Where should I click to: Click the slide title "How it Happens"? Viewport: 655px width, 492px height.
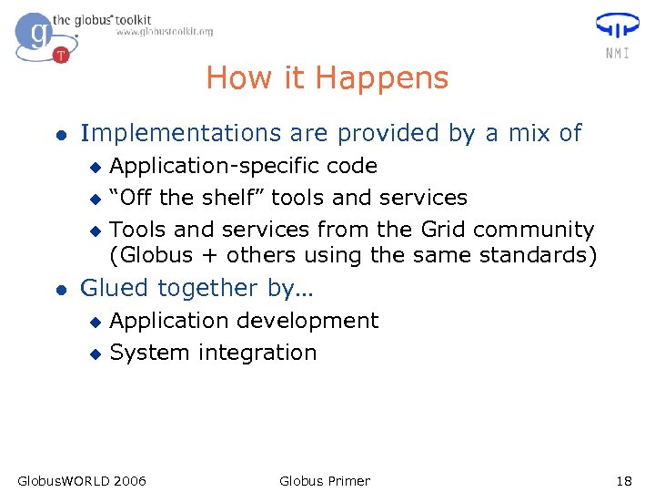tap(327, 78)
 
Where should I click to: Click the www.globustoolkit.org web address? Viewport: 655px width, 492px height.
tap(164, 32)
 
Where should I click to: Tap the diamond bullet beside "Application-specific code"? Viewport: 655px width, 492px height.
tap(92, 168)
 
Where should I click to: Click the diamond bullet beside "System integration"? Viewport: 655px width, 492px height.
tap(92, 354)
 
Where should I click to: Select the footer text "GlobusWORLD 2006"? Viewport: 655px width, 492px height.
tap(82, 481)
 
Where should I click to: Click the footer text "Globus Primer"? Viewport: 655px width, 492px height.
tap(325, 481)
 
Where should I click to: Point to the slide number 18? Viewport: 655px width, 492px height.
tap(623, 481)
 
